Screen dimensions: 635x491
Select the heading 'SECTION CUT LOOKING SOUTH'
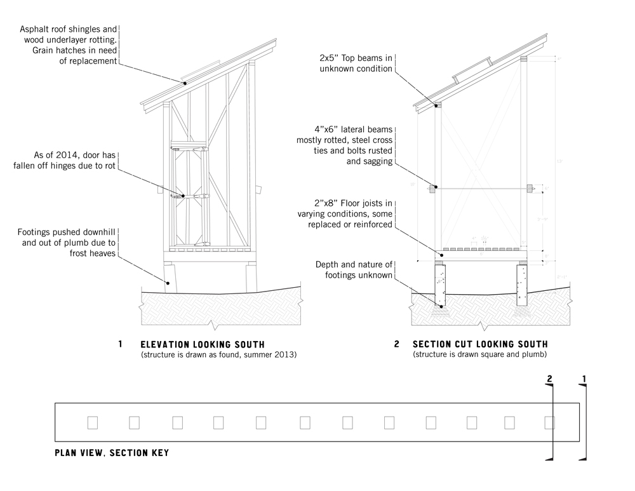click(478, 344)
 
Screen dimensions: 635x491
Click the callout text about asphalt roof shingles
click(69, 45)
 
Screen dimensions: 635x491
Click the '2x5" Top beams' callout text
click(356, 63)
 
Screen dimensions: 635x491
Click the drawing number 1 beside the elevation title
click(121, 344)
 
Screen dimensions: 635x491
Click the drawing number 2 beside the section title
click(397, 344)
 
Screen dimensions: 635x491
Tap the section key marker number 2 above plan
click(551, 379)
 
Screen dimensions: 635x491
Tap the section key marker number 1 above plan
click(584, 379)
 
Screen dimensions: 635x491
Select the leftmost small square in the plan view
click(92, 422)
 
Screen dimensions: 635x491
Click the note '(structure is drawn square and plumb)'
click(479, 354)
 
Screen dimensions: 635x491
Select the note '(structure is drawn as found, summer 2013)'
click(218, 354)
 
